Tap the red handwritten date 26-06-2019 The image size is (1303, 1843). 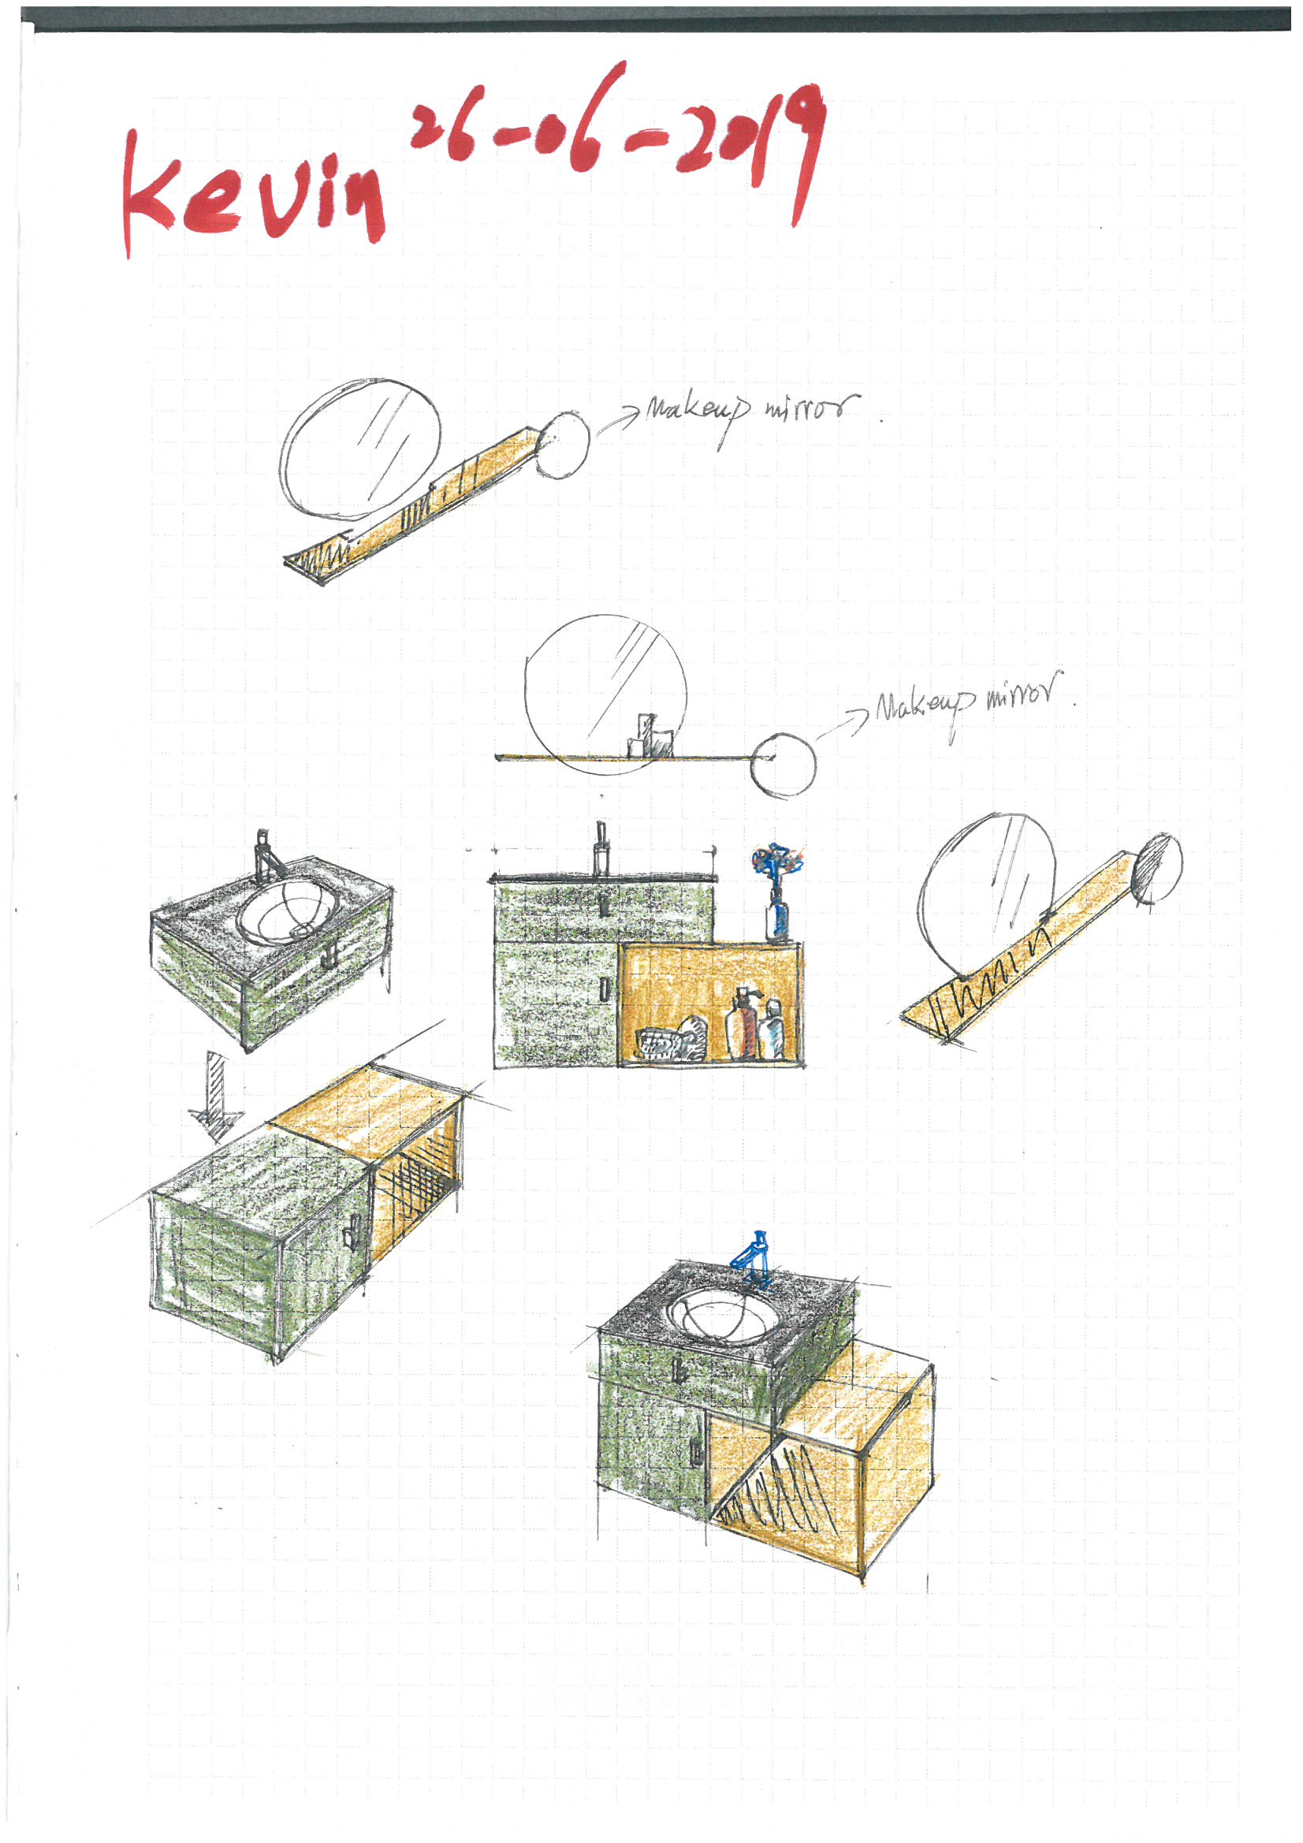618,128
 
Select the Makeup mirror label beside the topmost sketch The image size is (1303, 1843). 750,411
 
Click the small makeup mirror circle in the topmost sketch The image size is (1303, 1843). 564,445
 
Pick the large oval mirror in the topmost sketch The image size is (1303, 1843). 360,449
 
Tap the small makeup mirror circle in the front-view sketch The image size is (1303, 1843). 784,765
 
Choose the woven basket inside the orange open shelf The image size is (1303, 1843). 661,1045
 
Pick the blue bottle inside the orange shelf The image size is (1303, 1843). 772,1032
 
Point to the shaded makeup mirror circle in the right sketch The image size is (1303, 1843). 1156,869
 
